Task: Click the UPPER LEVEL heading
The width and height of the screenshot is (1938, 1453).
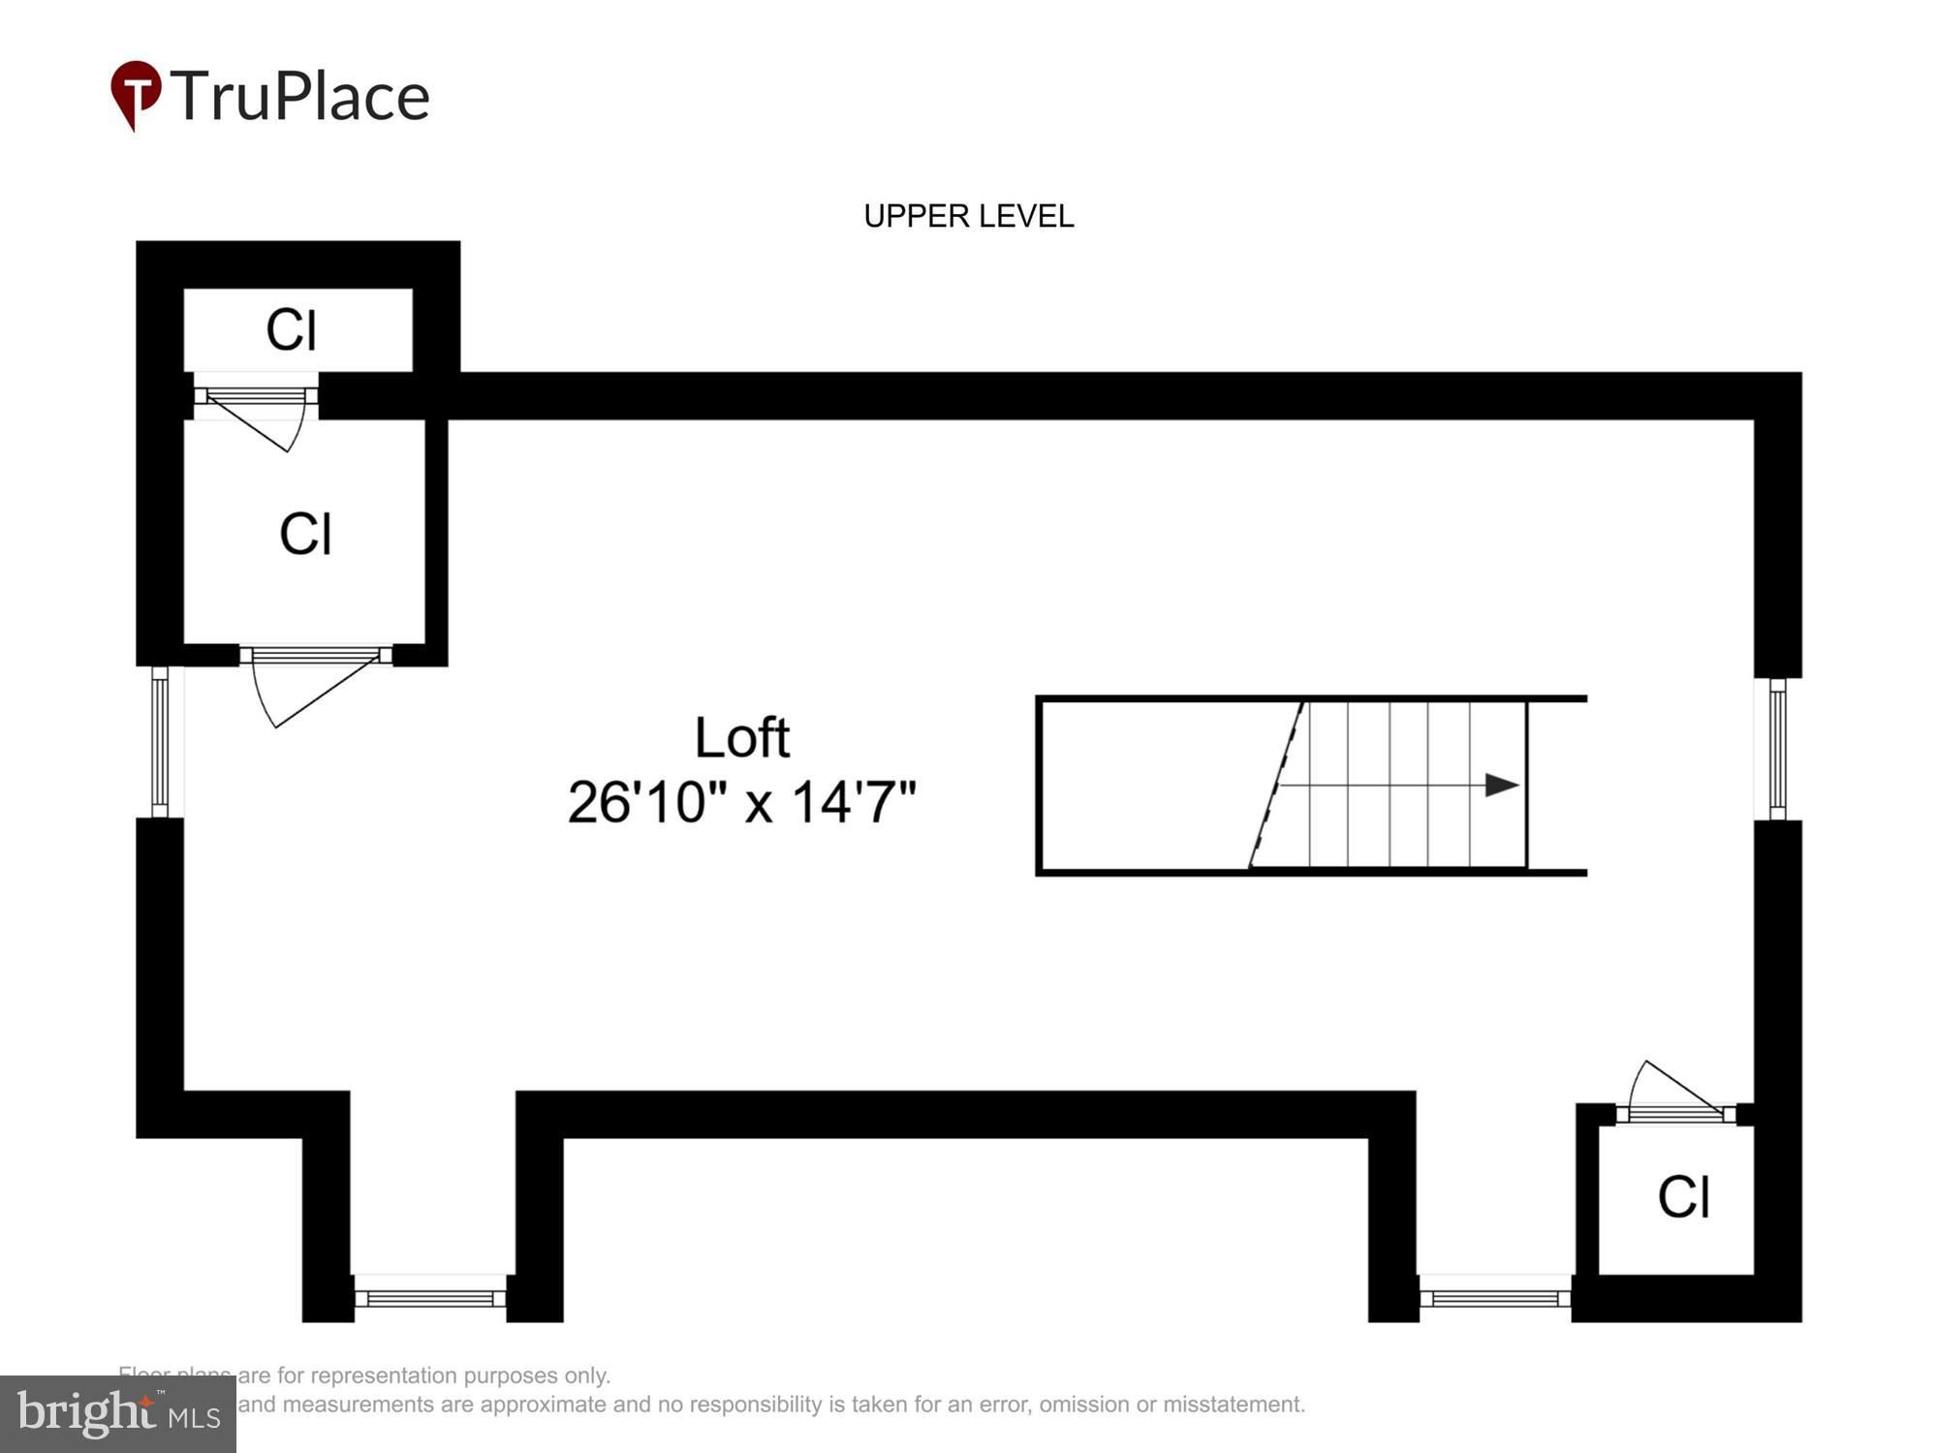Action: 968,215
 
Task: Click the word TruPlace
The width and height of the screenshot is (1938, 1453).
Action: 300,96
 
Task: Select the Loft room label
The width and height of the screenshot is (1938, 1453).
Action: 741,737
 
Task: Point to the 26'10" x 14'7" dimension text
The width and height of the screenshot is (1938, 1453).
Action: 741,802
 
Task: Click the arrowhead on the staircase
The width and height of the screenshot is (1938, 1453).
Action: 1501,785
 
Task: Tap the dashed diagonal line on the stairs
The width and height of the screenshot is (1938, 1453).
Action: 1276,785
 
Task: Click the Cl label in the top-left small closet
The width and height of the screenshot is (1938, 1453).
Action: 291,330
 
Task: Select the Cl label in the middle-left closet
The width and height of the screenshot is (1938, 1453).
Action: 305,534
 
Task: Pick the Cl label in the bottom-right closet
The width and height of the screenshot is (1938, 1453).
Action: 1683,1197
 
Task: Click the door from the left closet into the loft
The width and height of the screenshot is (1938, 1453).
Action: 310,683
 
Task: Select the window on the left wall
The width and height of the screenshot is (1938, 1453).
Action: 160,741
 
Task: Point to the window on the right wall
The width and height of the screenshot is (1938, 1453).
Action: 1777,748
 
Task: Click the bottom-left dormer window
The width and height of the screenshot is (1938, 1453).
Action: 430,1298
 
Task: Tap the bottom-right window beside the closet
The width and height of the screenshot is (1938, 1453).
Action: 1494,1298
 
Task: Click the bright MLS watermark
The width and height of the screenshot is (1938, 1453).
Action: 118,1414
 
